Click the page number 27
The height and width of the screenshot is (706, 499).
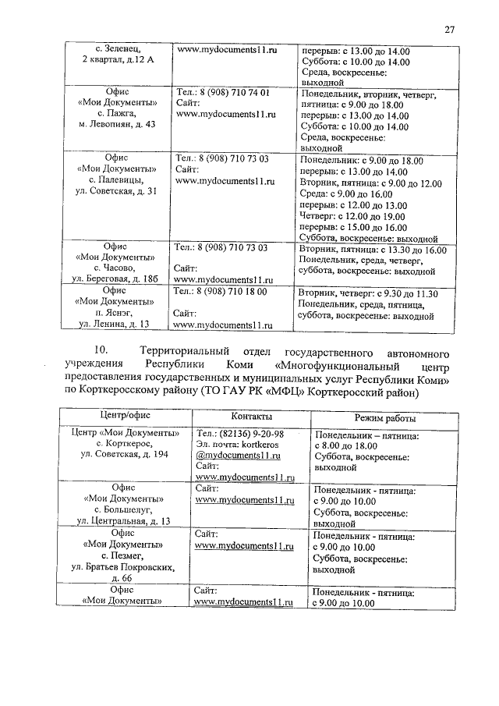(449, 30)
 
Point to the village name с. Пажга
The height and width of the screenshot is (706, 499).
(117, 113)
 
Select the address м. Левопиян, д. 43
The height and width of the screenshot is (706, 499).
(117, 124)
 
